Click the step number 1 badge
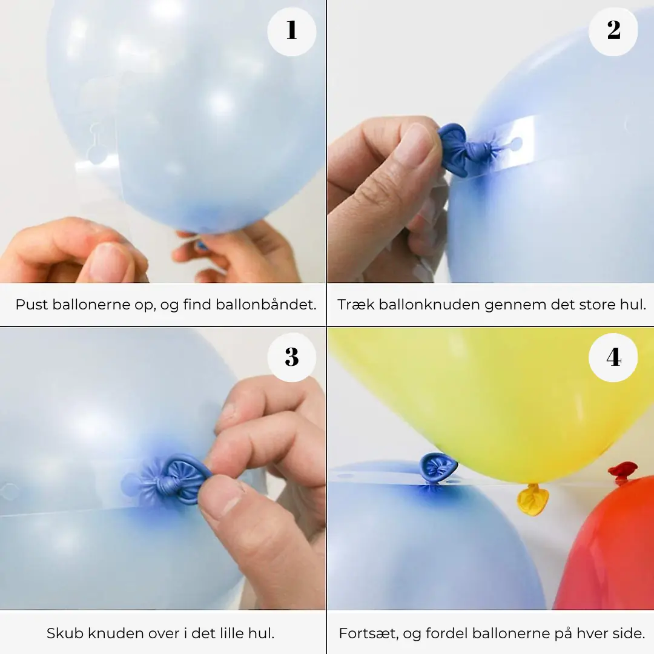pyautogui.click(x=291, y=31)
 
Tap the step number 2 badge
pyautogui.click(x=613, y=31)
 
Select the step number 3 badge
pyautogui.click(x=291, y=357)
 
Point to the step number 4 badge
pyautogui.click(x=613, y=357)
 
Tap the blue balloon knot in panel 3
pyautogui.click(x=176, y=478)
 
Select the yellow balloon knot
pyautogui.click(x=532, y=500)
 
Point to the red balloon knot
pyautogui.click(x=623, y=471)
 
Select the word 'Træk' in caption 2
pyautogui.click(x=355, y=305)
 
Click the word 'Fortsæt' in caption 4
pyautogui.click(x=366, y=633)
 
